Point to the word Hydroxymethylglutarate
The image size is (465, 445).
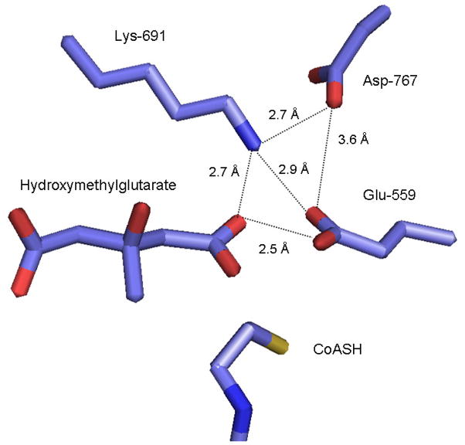point(98,185)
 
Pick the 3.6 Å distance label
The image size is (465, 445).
point(355,140)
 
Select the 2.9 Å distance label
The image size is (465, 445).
point(294,168)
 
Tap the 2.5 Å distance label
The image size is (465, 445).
point(274,249)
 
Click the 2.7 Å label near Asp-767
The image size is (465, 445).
point(283,115)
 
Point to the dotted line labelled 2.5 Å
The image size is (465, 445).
point(278,229)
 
